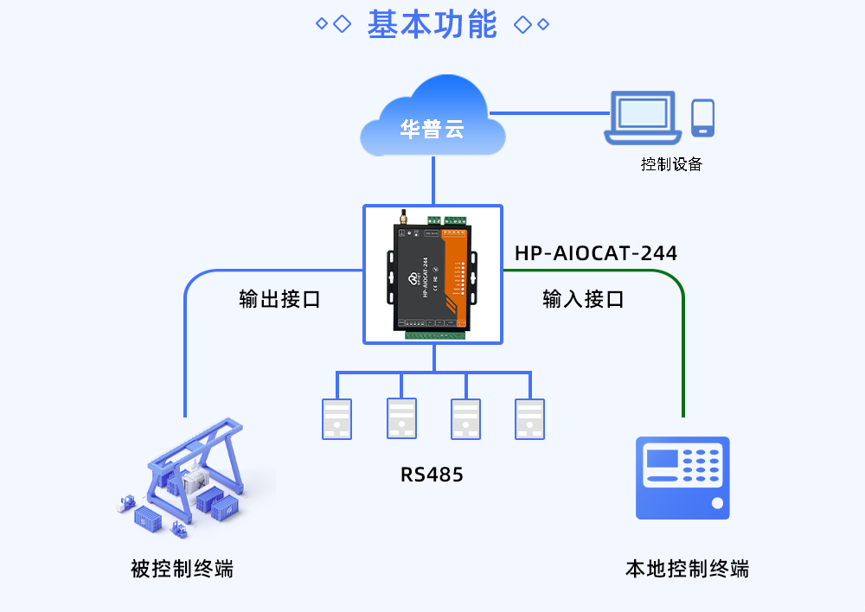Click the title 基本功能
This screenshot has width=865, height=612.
coord(432,24)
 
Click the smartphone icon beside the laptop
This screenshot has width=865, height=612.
coord(702,118)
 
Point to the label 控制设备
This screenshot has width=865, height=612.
coord(671,164)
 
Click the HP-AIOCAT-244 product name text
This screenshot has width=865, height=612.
coord(596,253)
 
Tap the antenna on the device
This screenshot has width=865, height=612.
coord(402,219)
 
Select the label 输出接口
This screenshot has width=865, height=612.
coord(279,300)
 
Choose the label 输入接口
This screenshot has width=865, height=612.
coord(583,300)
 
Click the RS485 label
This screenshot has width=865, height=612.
coord(432,475)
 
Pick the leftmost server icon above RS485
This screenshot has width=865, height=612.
coord(336,419)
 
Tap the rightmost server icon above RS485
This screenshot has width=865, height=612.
coord(529,419)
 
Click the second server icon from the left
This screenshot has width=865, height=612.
coord(401,419)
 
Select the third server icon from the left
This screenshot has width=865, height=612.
coord(465,419)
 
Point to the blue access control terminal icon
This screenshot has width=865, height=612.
coord(682,478)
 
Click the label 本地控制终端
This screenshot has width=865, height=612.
coord(687,569)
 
